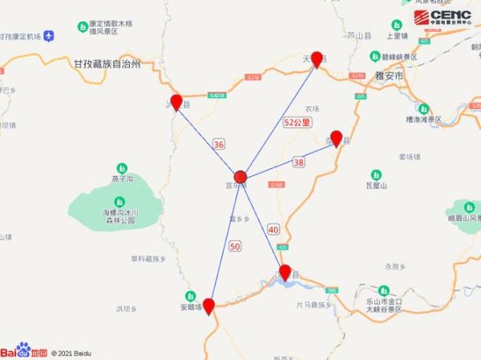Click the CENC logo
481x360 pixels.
[443, 18]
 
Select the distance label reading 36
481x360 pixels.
[219, 144]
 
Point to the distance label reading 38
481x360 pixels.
[299, 162]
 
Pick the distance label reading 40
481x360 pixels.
[273, 229]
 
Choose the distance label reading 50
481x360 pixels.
[235, 245]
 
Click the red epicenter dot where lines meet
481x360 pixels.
[240, 176]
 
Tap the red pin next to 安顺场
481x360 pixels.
[208, 305]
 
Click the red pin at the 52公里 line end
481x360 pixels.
[317, 59]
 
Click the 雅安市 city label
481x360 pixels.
[390, 75]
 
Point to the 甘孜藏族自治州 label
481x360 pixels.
[107, 63]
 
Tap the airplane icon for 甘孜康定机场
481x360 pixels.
[50, 36]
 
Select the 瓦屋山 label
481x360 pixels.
[377, 186]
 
